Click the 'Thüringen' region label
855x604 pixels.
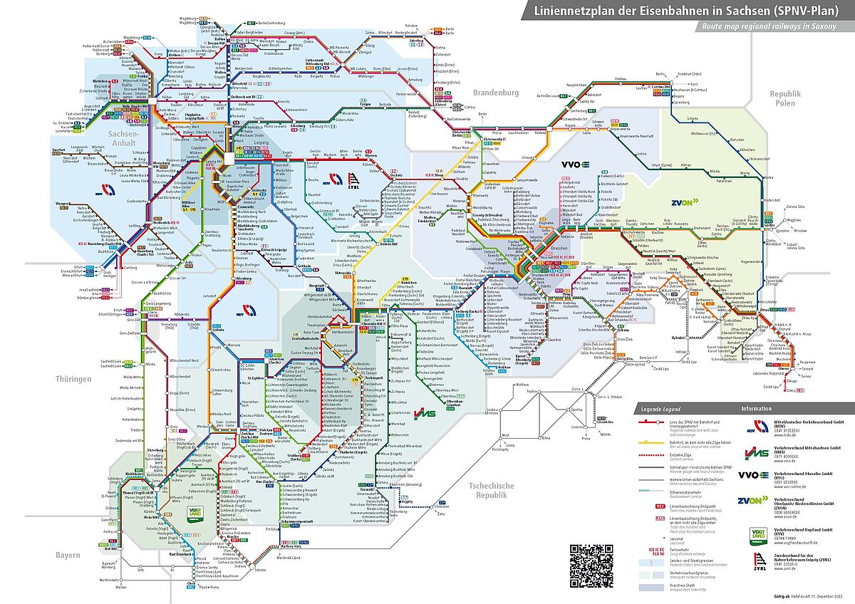point(73,379)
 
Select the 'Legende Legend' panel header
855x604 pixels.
point(660,409)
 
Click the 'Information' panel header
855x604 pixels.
point(756,409)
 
